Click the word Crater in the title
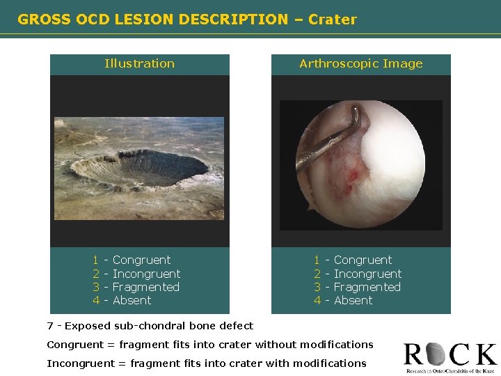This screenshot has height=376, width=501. tap(334, 19)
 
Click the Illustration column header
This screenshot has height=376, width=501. tap(139, 63)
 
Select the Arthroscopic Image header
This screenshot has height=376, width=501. tap(360, 63)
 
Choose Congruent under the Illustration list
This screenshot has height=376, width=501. tap(141, 260)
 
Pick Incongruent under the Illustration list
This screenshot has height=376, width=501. tap(146, 274)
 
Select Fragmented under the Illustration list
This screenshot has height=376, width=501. tap(145, 287)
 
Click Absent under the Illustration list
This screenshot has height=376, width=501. tap(132, 300)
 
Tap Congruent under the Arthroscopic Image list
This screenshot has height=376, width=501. tap(363, 260)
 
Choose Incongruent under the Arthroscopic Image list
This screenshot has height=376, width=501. tap(367, 274)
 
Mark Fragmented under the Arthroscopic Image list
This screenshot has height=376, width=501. tap(367, 287)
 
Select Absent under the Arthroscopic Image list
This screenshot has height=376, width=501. tap(353, 300)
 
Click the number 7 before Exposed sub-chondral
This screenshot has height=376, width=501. tap(50, 326)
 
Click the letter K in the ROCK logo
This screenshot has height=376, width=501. tap(484, 354)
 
